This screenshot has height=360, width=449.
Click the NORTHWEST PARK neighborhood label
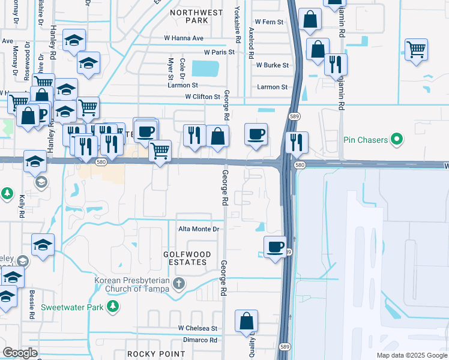click(197, 16)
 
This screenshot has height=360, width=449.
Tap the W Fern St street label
click(268, 22)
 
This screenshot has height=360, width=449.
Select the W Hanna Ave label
click(184, 38)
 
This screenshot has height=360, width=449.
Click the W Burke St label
click(273, 65)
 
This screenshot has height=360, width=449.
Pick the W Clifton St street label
click(203, 97)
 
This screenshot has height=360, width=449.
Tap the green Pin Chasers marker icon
click(396, 140)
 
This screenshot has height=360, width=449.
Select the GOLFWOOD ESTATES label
click(187, 259)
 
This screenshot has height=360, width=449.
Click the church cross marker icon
click(178, 283)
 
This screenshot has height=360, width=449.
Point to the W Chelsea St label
click(197, 329)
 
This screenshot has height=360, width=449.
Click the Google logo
click(20, 353)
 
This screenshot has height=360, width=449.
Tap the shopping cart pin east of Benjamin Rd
click(416, 49)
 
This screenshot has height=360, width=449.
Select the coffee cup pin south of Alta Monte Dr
click(276, 247)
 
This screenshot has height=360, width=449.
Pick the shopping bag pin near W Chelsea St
click(246, 322)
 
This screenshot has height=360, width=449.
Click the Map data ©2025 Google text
click(411, 355)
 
